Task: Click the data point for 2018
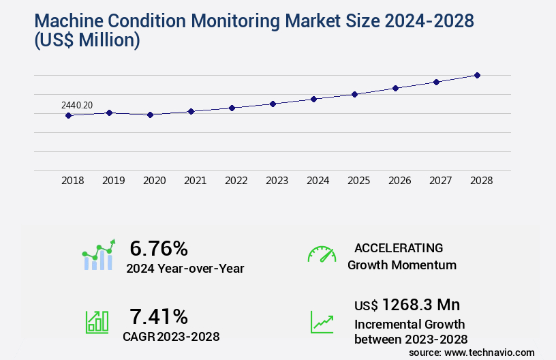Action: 68,116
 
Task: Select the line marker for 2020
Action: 151,115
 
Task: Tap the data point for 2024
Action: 313,99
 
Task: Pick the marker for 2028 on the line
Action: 477,75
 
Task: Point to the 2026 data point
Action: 395,88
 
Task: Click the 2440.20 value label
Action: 77,105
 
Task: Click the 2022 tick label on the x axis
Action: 236,181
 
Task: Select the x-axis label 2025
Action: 358,181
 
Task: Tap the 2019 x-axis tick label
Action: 113,181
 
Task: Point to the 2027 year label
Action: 440,181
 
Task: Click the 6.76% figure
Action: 158,249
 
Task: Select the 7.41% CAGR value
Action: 158,316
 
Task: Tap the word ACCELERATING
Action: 399,247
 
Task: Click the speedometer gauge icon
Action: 322,254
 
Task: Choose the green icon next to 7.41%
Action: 97,321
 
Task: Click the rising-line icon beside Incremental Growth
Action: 322,322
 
